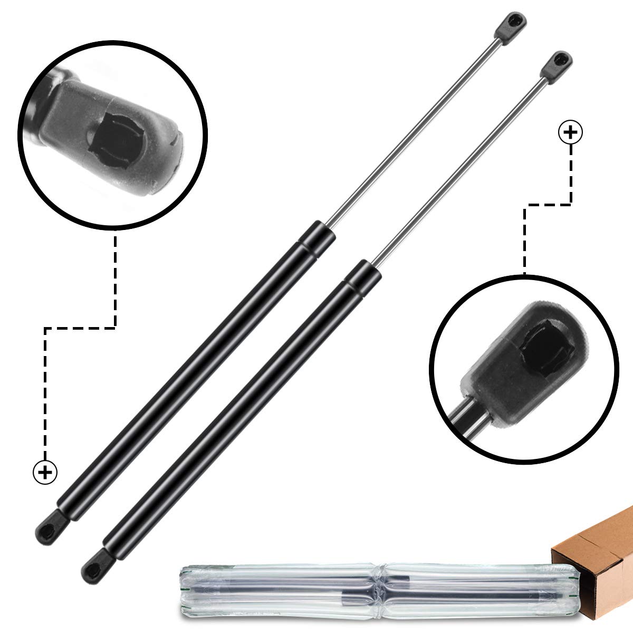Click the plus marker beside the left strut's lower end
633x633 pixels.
pos(45,472)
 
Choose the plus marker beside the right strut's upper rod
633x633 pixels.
pos(570,132)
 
